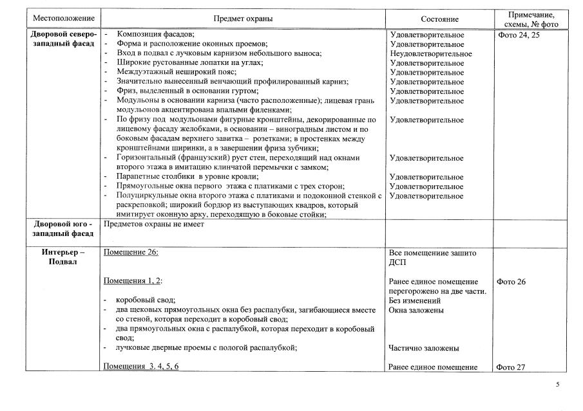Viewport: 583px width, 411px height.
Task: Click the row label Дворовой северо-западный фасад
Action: [63, 39]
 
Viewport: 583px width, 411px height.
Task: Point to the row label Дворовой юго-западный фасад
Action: [63, 228]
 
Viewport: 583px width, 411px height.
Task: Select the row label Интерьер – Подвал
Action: [63, 257]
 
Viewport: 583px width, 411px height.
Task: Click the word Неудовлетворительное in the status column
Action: [430, 53]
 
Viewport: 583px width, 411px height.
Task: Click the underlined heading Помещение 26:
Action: [131, 253]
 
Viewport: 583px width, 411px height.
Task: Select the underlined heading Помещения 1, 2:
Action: [133, 282]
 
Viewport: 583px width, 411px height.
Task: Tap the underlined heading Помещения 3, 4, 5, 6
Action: [140, 367]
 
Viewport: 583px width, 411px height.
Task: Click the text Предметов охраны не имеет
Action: [153, 224]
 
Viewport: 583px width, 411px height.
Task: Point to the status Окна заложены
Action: [416, 310]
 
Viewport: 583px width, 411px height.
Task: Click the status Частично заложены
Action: [424, 348]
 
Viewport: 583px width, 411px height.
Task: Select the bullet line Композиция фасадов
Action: [156, 35]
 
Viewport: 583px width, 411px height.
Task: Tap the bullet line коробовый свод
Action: [146, 300]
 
